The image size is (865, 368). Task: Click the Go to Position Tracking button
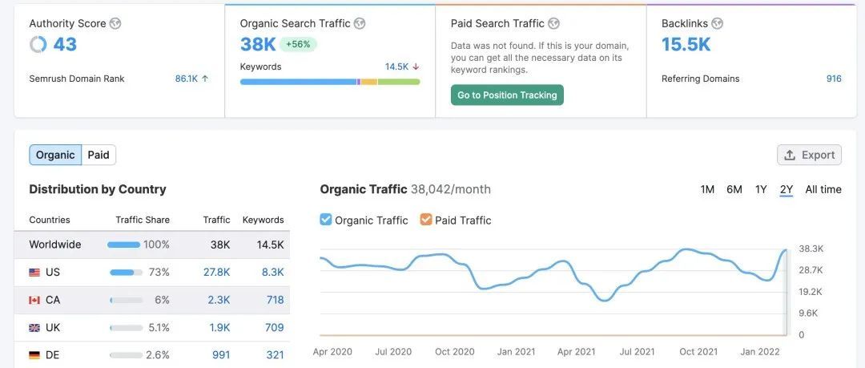tap(507, 95)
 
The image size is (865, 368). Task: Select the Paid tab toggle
tap(99, 155)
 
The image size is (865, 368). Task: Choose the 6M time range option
tap(734, 189)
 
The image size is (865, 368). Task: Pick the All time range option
tap(823, 189)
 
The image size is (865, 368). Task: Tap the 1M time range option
tap(707, 189)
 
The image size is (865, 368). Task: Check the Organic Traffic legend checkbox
tap(326, 220)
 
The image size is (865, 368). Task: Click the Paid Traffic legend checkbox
tap(426, 220)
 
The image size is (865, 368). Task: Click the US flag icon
tap(34, 273)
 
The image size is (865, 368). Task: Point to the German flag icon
tap(34, 355)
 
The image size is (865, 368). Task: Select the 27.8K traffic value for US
tap(216, 273)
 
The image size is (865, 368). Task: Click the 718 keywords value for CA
tap(275, 300)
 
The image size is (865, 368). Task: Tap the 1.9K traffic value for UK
tap(219, 327)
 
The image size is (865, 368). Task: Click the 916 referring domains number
tap(834, 79)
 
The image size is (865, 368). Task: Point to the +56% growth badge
tap(298, 45)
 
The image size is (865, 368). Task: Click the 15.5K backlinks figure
tap(686, 45)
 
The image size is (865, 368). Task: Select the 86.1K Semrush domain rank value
tap(187, 79)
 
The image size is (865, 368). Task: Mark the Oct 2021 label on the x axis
tap(698, 352)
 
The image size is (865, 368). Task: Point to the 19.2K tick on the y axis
tap(811, 292)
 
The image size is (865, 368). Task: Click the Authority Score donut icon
tap(38, 45)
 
